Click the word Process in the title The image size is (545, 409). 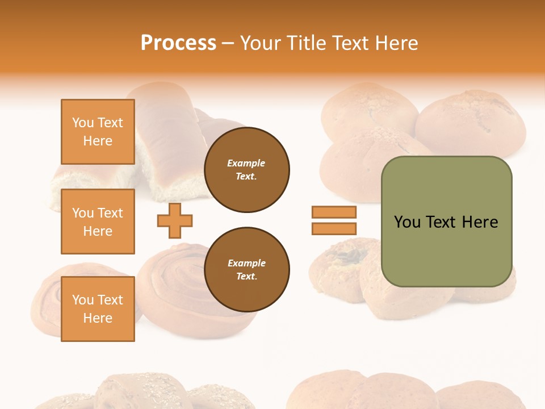(178, 43)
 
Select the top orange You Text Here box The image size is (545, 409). (98, 132)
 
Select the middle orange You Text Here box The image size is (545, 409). (98, 222)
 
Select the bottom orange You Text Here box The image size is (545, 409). (98, 308)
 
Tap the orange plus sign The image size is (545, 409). (175, 220)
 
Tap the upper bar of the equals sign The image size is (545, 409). (334, 212)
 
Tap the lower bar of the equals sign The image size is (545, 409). (334, 229)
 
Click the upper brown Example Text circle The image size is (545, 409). (246, 170)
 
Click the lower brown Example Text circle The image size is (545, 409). (246, 270)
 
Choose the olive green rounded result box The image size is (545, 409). (446, 222)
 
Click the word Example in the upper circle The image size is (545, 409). (246, 163)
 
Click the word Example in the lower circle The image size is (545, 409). (246, 263)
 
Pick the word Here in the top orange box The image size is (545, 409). (98, 141)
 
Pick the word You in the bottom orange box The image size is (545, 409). (83, 300)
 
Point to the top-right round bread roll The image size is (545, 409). (471, 122)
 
